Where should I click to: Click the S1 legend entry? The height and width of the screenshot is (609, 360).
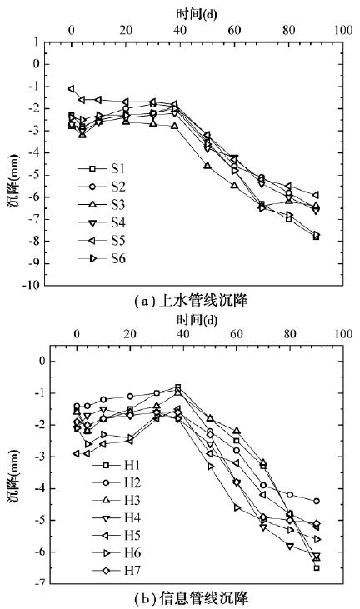(x=102, y=169)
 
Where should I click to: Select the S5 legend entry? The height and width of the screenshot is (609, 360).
(x=102, y=241)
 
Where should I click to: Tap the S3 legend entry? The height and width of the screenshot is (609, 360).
(x=102, y=205)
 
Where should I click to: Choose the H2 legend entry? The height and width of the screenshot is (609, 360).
(x=116, y=482)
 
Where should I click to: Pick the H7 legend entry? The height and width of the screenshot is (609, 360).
(x=116, y=571)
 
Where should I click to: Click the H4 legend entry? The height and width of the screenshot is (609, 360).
(x=116, y=517)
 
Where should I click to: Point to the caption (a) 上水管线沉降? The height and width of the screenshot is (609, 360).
(x=190, y=301)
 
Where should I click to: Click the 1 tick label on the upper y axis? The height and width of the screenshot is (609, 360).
(x=37, y=42)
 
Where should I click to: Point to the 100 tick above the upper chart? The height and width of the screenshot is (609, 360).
(x=343, y=30)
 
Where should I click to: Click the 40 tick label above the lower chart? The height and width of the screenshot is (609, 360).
(x=182, y=334)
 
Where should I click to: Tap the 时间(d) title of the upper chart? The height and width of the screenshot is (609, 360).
(x=197, y=14)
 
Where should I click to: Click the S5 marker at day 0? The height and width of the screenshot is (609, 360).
(x=71, y=89)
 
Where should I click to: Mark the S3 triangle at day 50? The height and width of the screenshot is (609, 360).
(x=207, y=166)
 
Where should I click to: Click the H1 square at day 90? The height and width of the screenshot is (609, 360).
(x=317, y=568)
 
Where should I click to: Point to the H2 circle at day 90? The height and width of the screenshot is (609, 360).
(x=317, y=501)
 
